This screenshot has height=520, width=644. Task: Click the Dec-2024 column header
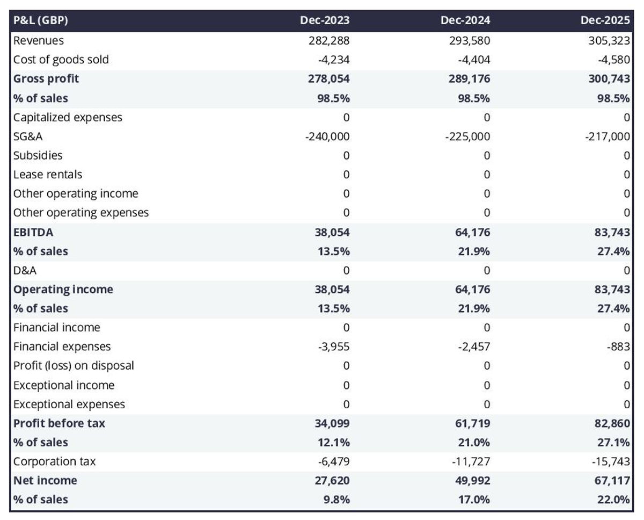[x=465, y=21]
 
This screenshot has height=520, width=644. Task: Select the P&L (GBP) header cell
[x=41, y=21]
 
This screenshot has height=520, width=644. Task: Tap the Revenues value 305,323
[x=605, y=40]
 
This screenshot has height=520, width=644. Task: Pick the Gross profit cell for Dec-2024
[x=465, y=79]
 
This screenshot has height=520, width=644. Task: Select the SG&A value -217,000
[x=608, y=136]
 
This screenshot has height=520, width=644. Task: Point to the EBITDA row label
[x=33, y=232]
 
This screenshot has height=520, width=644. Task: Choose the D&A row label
[x=25, y=270]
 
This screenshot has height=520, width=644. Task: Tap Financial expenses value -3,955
[x=333, y=346]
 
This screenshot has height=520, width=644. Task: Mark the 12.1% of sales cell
[x=333, y=442]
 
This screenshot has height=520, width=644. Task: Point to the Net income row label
[x=45, y=480]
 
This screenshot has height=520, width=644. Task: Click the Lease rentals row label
[x=48, y=175]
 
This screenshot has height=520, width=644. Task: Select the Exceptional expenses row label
[x=69, y=404]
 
